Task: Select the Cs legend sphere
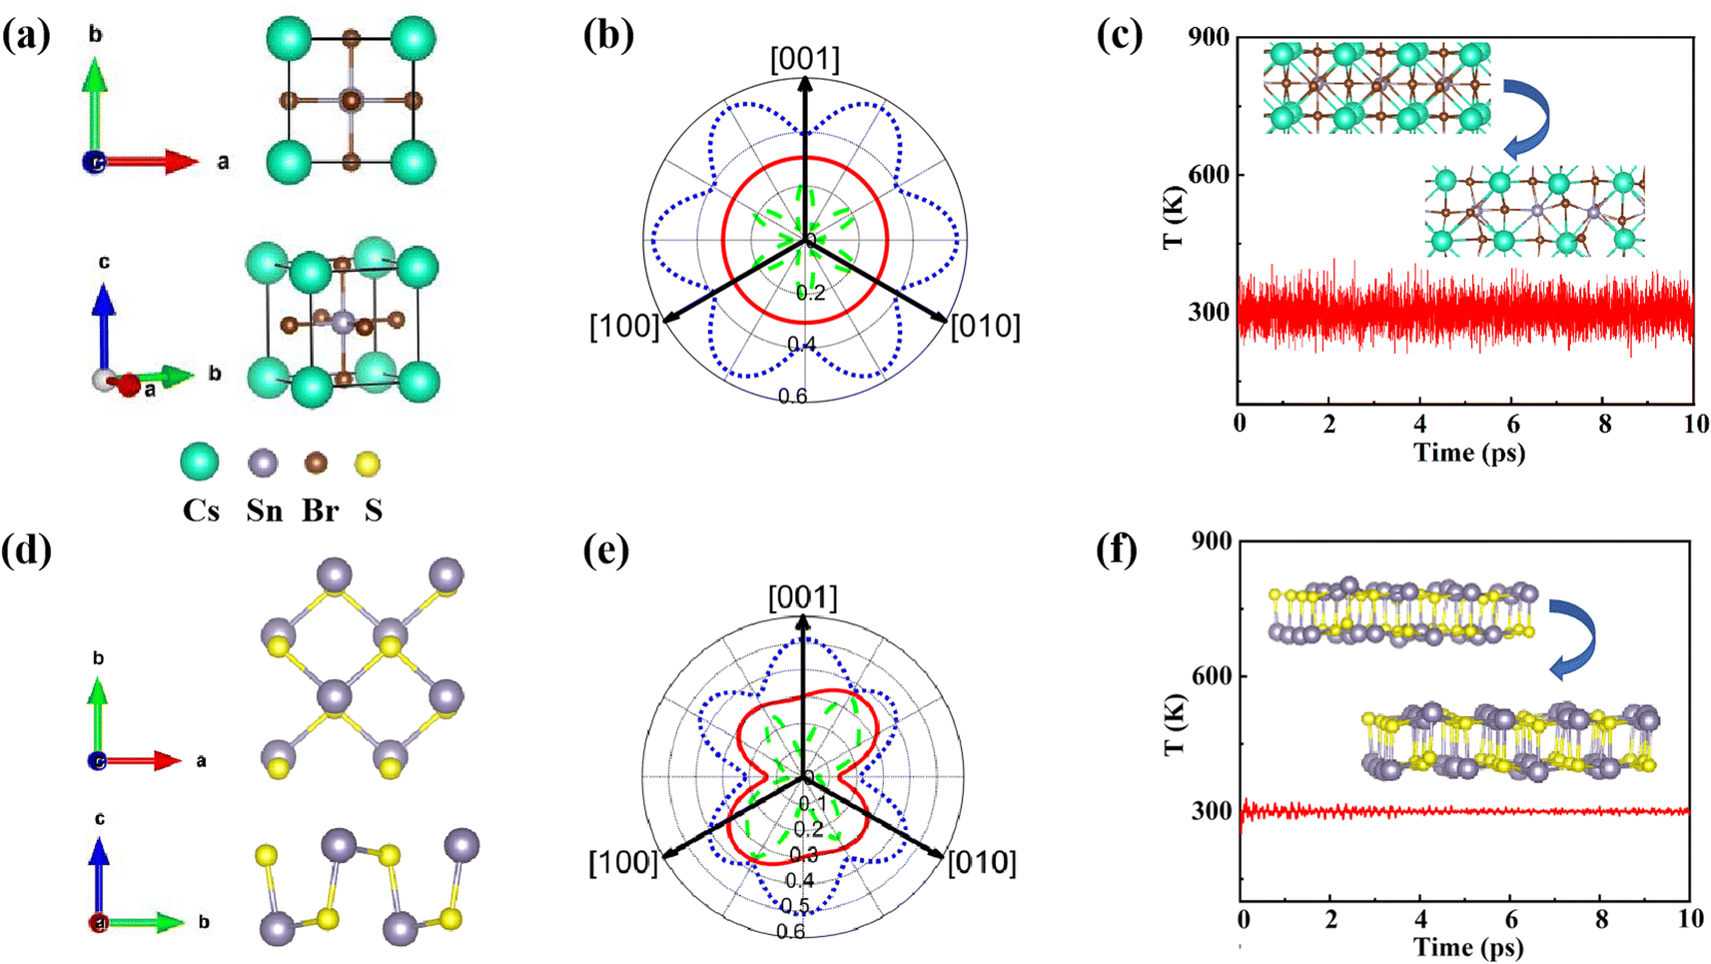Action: pyautogui.click(x=200, y=463)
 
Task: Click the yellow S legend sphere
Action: pyautogui.click(x=368, y=464)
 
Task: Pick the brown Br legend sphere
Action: pyautogui.click(x=317, y=464)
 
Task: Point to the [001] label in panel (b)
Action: pyautogui.click(x=804, y=59)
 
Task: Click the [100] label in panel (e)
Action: pyautogui.click(x=623, y=863)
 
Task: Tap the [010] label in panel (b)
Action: pyautogui.click(x=985, y=327)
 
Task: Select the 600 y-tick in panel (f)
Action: pyautogui.click(x=1212, y=676)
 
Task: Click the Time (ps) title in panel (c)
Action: pyautogui.click(x=1469, y=453)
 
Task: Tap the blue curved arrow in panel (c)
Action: pyautogui.click(x=1528, y=118)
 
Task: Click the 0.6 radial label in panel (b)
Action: pyautogui.click(x=793, y=397)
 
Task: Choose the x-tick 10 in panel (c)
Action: pyautogui.click(x=1694, y=423)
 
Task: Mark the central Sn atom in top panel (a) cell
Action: pyautogui.click(x=350, y=100)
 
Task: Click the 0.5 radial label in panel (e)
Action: pyautogui.click(x=794, y=906)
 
